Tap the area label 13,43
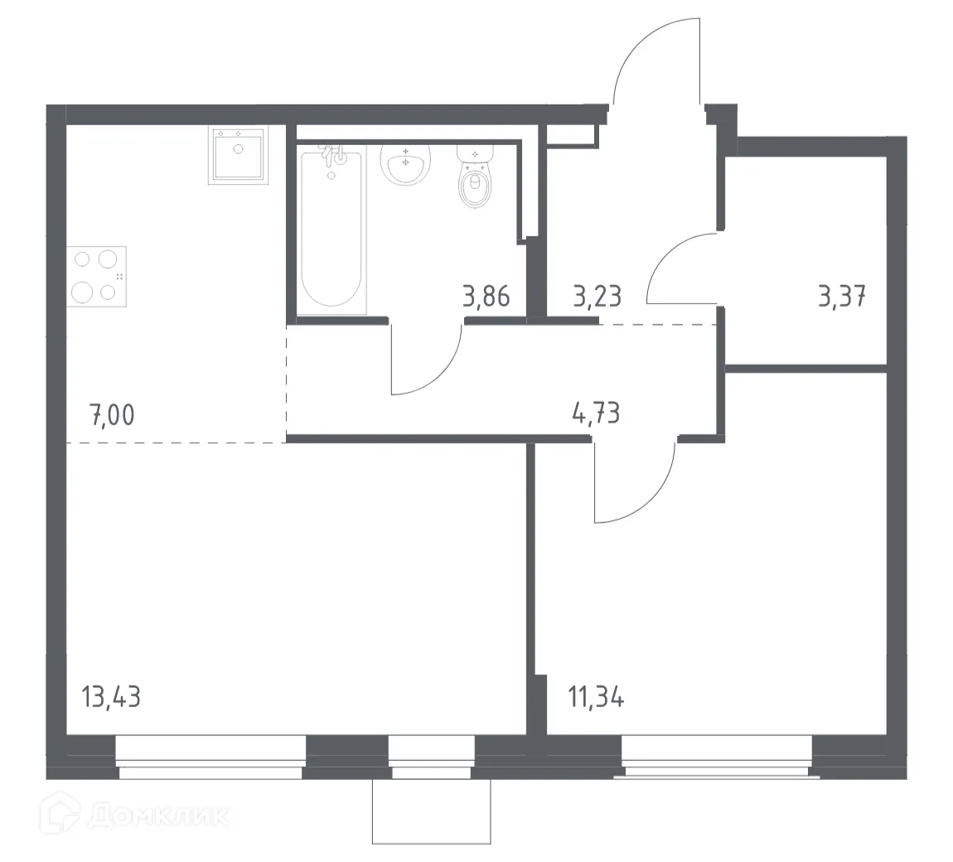111,696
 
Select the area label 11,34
596,696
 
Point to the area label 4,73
596,412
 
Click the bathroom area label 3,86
486,295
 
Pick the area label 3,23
597,295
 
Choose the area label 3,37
842,295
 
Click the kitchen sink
239,155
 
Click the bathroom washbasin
404,162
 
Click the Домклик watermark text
157,816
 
